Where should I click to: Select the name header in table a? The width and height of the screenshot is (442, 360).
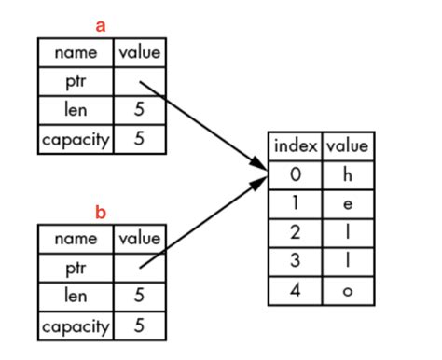coord(76,53)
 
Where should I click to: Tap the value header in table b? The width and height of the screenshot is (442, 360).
coord(139,239)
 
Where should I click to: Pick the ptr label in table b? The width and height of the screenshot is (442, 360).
coord(76,268)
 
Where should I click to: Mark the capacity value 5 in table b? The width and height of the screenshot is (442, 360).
coord(139,325)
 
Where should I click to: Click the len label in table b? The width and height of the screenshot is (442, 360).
coord(76,297)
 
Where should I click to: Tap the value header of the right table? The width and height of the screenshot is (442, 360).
coord(347,146)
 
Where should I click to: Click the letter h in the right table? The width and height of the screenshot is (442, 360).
coord(347,174)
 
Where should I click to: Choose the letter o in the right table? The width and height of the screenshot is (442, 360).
coord(347,290)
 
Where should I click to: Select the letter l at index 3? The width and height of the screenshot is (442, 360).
coord(347,261)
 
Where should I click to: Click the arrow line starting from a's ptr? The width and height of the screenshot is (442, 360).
coord(200,126)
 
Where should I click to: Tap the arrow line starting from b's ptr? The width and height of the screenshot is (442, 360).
coord(200,224)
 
